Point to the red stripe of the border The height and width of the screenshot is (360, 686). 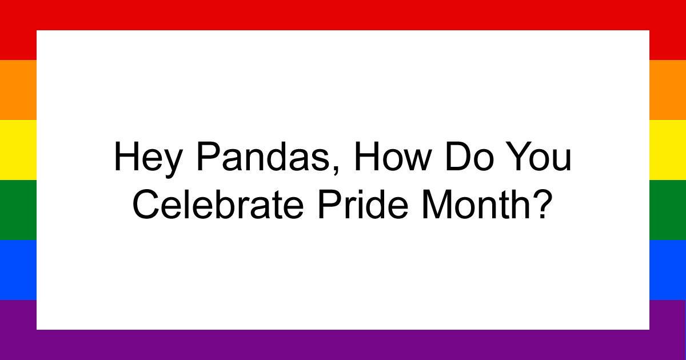coord(343,15)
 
